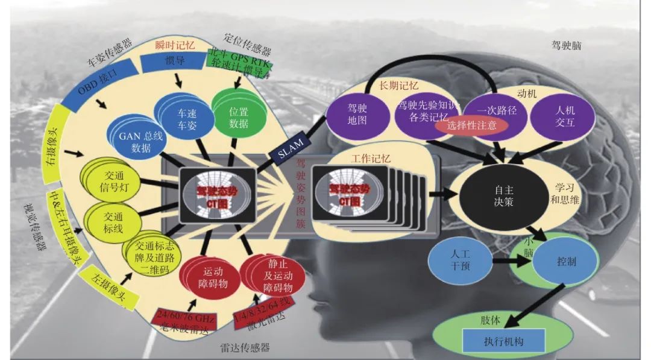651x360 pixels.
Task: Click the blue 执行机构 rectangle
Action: [x=503, y=341]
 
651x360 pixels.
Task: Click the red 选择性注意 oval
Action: [x=473, y=126]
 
